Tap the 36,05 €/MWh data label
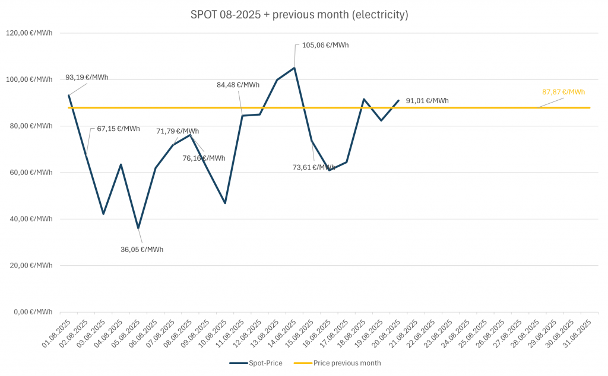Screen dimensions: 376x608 coord(142,249)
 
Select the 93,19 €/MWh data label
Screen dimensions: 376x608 coord(87,77)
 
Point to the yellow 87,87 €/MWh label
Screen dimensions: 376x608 coord(563,92)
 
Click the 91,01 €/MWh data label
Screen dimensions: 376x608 coord(427,101)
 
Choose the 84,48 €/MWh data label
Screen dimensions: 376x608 coord(238,85)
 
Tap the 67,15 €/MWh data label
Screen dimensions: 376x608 coord(119,129)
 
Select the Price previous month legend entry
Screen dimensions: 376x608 coord(347,362)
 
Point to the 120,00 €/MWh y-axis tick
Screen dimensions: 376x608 coord(30,33)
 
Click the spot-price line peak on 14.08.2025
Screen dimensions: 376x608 coord(294,68)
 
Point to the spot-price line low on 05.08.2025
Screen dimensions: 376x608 coord(138,228)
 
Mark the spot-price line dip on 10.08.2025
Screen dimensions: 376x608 coord(225,203)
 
